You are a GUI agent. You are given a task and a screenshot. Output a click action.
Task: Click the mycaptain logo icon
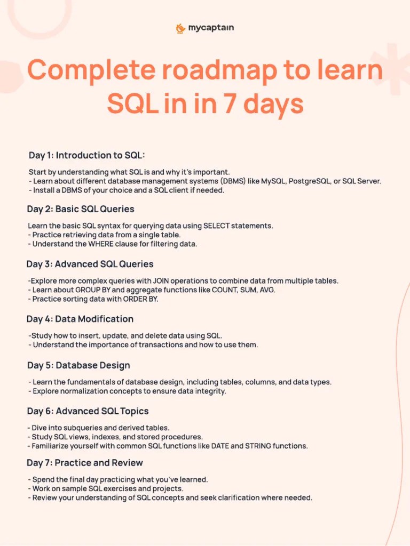[180, 28]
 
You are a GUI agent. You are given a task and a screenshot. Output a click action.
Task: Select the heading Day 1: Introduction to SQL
[87, 155]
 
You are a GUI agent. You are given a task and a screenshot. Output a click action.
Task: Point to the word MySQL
[274, 181]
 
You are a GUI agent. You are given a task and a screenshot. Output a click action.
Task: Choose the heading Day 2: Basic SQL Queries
[81, 208]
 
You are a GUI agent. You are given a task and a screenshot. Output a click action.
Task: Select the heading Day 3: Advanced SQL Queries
[90, 263]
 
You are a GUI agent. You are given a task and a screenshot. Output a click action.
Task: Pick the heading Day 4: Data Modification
[80, 319]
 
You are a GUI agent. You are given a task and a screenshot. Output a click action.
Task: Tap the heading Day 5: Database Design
[78, 365]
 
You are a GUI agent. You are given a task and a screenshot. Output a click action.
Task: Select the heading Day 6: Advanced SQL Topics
[88, 411]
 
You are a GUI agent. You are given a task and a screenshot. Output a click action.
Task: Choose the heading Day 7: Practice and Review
[85, 462]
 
